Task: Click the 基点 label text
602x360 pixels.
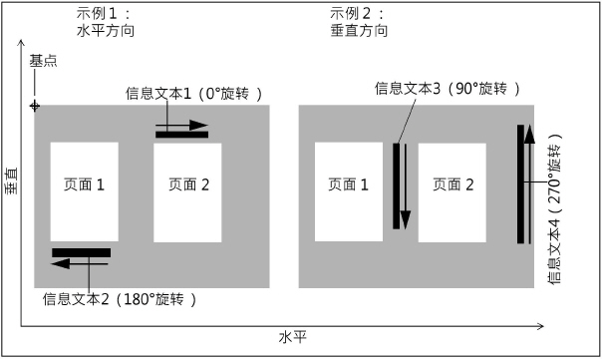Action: (43, 61)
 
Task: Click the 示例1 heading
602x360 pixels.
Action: (103, 14)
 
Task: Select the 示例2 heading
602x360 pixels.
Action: (356, 14)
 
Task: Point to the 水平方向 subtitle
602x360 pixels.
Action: (106, 31)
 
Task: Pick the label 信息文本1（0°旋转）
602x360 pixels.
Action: (194, 94)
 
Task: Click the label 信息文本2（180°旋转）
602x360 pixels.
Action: (120, 298)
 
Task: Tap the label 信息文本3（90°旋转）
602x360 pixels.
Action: (448, 89)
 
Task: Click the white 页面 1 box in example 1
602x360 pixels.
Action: (84, 191)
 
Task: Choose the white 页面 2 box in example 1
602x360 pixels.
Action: (188, 191)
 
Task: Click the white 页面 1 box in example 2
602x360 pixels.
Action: (349, 191)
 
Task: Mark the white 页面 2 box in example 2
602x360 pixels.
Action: (452, 191)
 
